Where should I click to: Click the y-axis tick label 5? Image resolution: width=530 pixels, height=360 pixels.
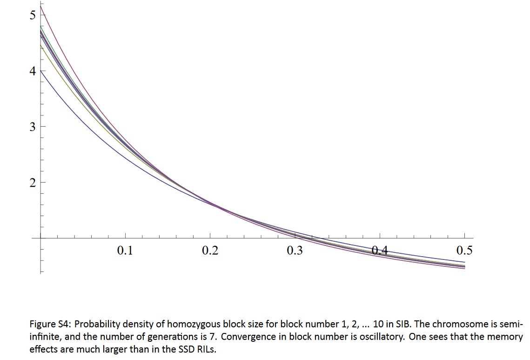[32, 15]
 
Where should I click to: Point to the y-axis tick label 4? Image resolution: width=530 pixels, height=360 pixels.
[32, 71]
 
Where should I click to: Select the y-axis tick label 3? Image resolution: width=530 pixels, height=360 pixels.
[32, 127]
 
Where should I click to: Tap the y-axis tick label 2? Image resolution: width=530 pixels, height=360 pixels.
[32, 183]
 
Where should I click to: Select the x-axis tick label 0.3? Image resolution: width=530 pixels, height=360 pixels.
[295, 251]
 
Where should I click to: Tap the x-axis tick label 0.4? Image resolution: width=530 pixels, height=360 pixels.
[380, 251]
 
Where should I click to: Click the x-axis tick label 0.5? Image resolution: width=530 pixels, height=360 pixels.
[464, 251]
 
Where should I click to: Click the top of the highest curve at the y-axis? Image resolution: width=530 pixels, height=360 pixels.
[40, 6]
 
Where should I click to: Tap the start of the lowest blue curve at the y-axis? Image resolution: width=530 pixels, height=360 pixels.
[40, 70]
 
